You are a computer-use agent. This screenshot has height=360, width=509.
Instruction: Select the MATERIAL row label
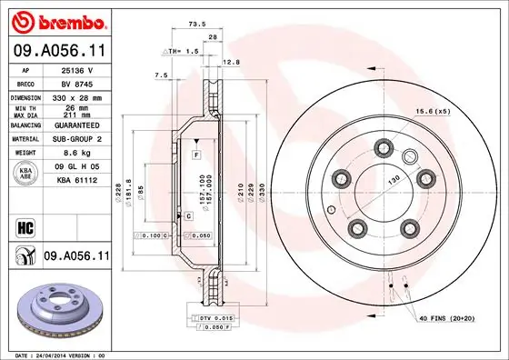click(25, 139)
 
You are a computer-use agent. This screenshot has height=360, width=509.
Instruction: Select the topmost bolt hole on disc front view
click(383, 145)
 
